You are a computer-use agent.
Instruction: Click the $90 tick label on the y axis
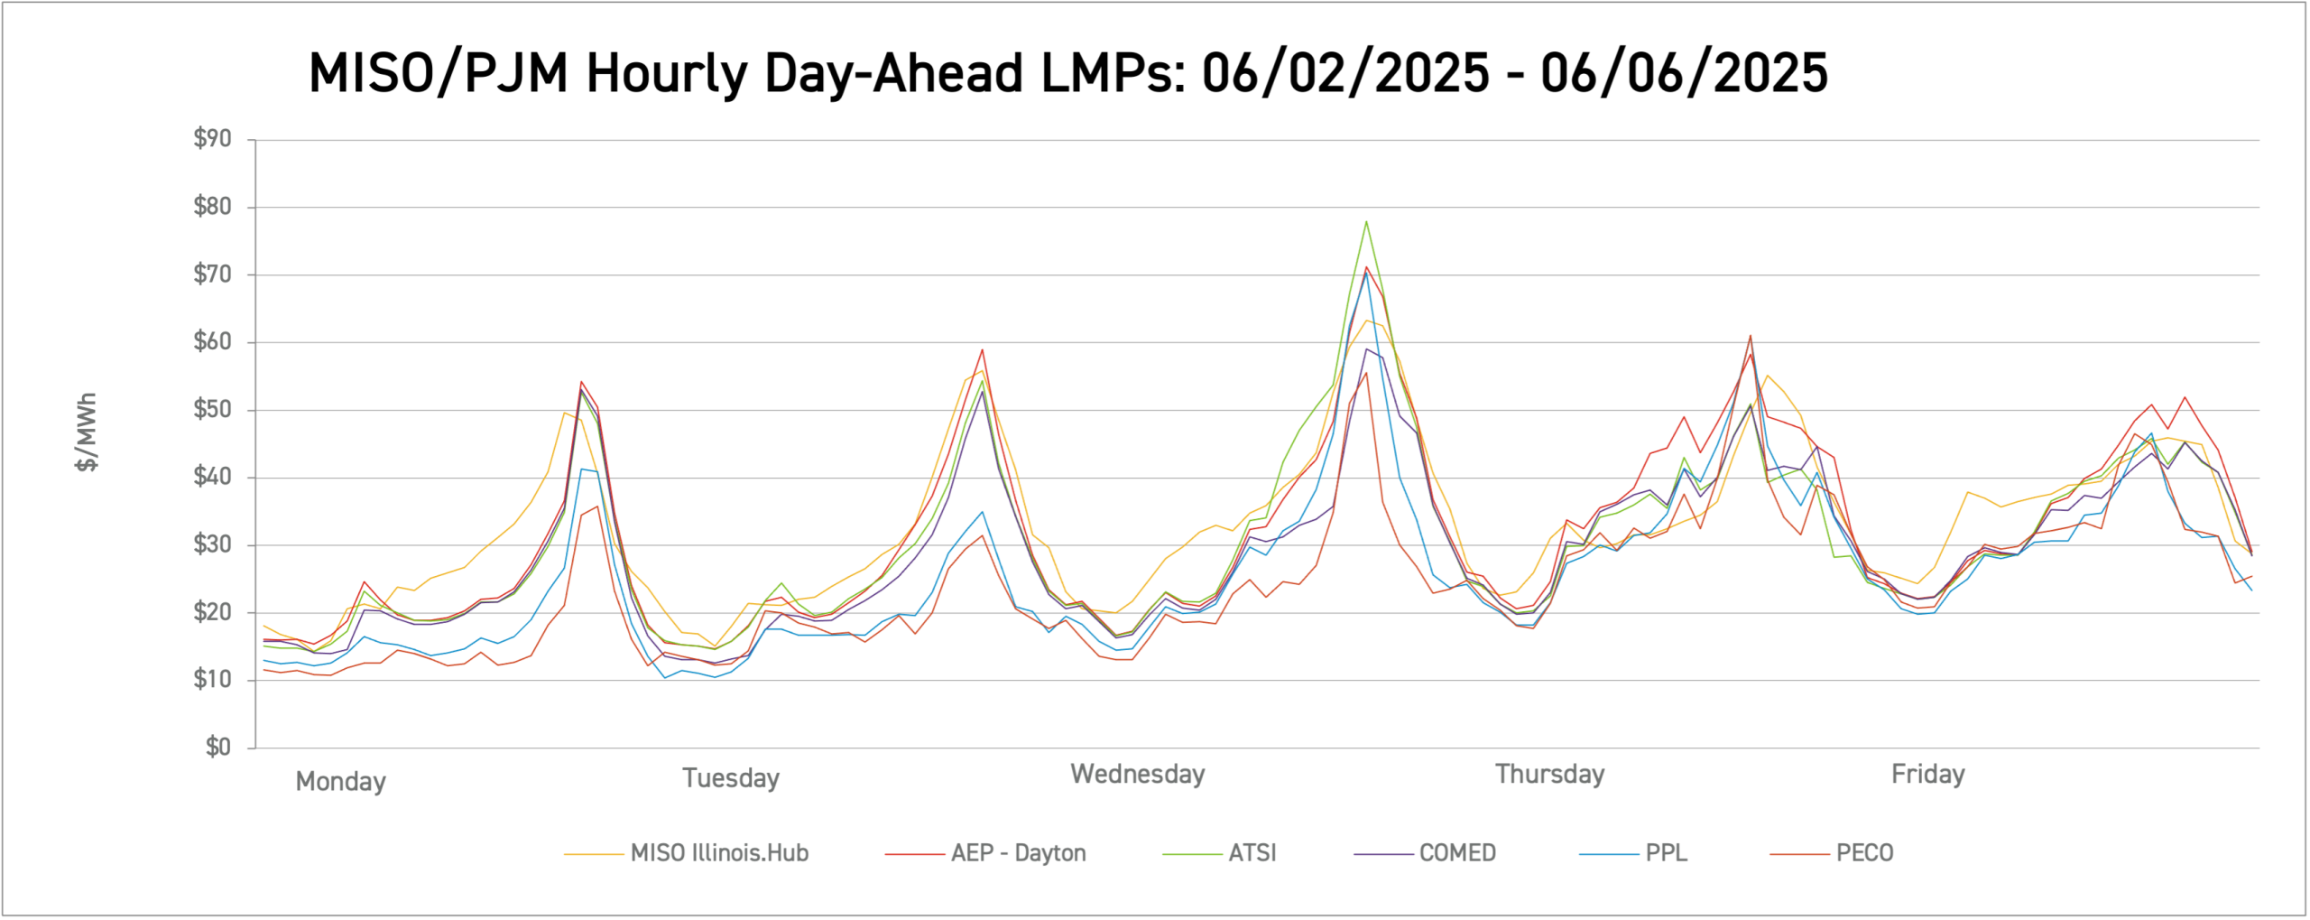click(212, 139)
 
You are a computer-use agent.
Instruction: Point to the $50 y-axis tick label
click(212, 410)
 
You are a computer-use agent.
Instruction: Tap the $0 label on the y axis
click(217, 748)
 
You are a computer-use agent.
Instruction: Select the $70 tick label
click(212, 274)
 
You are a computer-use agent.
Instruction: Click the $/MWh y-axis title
click(87, 432)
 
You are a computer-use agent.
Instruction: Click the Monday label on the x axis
click(340, 781)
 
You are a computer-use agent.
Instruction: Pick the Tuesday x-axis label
click(730, 778)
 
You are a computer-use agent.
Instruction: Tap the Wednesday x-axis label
click(1137, 775)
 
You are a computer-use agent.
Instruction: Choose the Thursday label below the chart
click(1549, 775)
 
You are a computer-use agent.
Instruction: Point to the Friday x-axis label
click(1927, 775)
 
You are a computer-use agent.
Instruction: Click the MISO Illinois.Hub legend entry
click(719, 853)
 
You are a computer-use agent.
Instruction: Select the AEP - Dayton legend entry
click(1018, 853)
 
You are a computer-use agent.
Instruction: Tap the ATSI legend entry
click(1252, 853)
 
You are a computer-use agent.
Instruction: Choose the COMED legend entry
click(1456, 853)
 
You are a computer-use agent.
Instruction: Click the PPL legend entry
click(1666, 853)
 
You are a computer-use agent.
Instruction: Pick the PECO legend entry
click(1864, 853)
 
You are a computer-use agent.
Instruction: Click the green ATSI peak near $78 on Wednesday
click(1366, 221)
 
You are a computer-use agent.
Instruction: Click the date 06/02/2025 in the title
click(1345, 73)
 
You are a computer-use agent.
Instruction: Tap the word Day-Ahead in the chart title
click(893, 73)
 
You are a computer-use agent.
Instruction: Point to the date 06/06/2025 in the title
click(1684, 73)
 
